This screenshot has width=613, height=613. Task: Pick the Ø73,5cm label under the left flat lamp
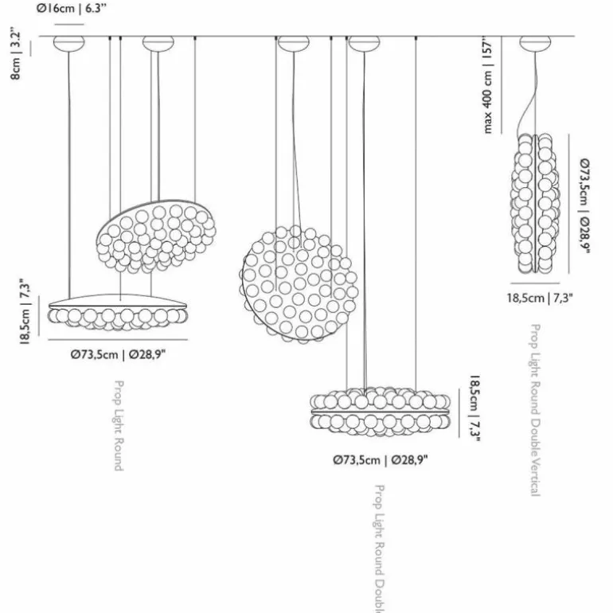pyautogui.click(x=118, y=355)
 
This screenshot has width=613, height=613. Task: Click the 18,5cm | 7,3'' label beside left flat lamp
pyautogui.click(x=25, y=312)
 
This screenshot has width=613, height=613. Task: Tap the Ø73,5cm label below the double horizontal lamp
pyautogui.click(x=381, y=460)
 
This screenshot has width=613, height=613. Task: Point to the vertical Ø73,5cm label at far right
pyautogui.click(x=585, y=206)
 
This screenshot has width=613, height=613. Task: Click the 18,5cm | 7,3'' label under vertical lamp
pyautogui.click(x=541, y=298)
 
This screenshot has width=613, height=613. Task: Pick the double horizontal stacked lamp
pyautogui.click(x=381, y=412)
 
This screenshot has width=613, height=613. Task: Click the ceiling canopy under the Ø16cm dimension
pyautogui.click(x=68, y=43)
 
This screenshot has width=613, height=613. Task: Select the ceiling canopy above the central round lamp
pyautogui.click(x=293, y=43)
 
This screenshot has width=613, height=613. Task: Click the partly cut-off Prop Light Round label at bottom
pyautogui.click(x=379, y=549)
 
